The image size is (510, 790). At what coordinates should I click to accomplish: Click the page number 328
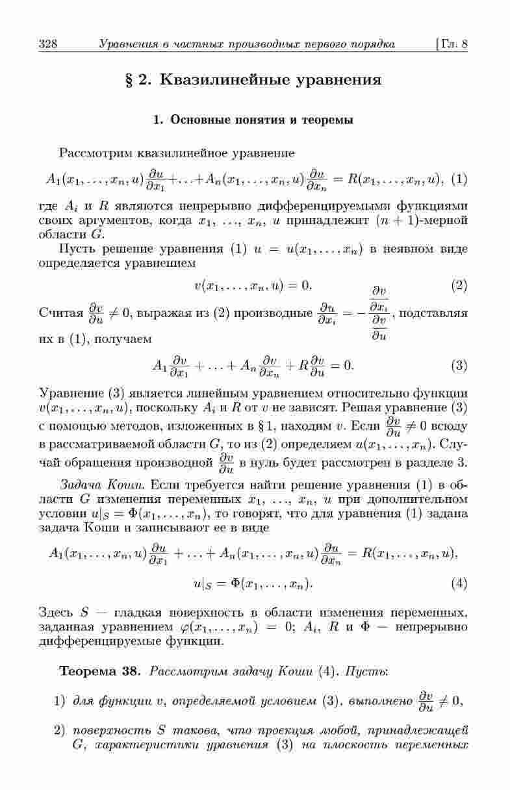pyautogui.click(x=49, y=45)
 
